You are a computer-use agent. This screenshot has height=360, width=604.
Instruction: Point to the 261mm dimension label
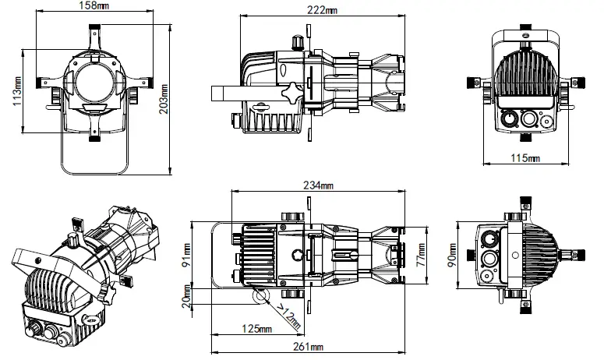[x=309, y=346]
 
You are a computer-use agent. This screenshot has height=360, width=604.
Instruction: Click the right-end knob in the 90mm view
[x=575, y=253]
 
